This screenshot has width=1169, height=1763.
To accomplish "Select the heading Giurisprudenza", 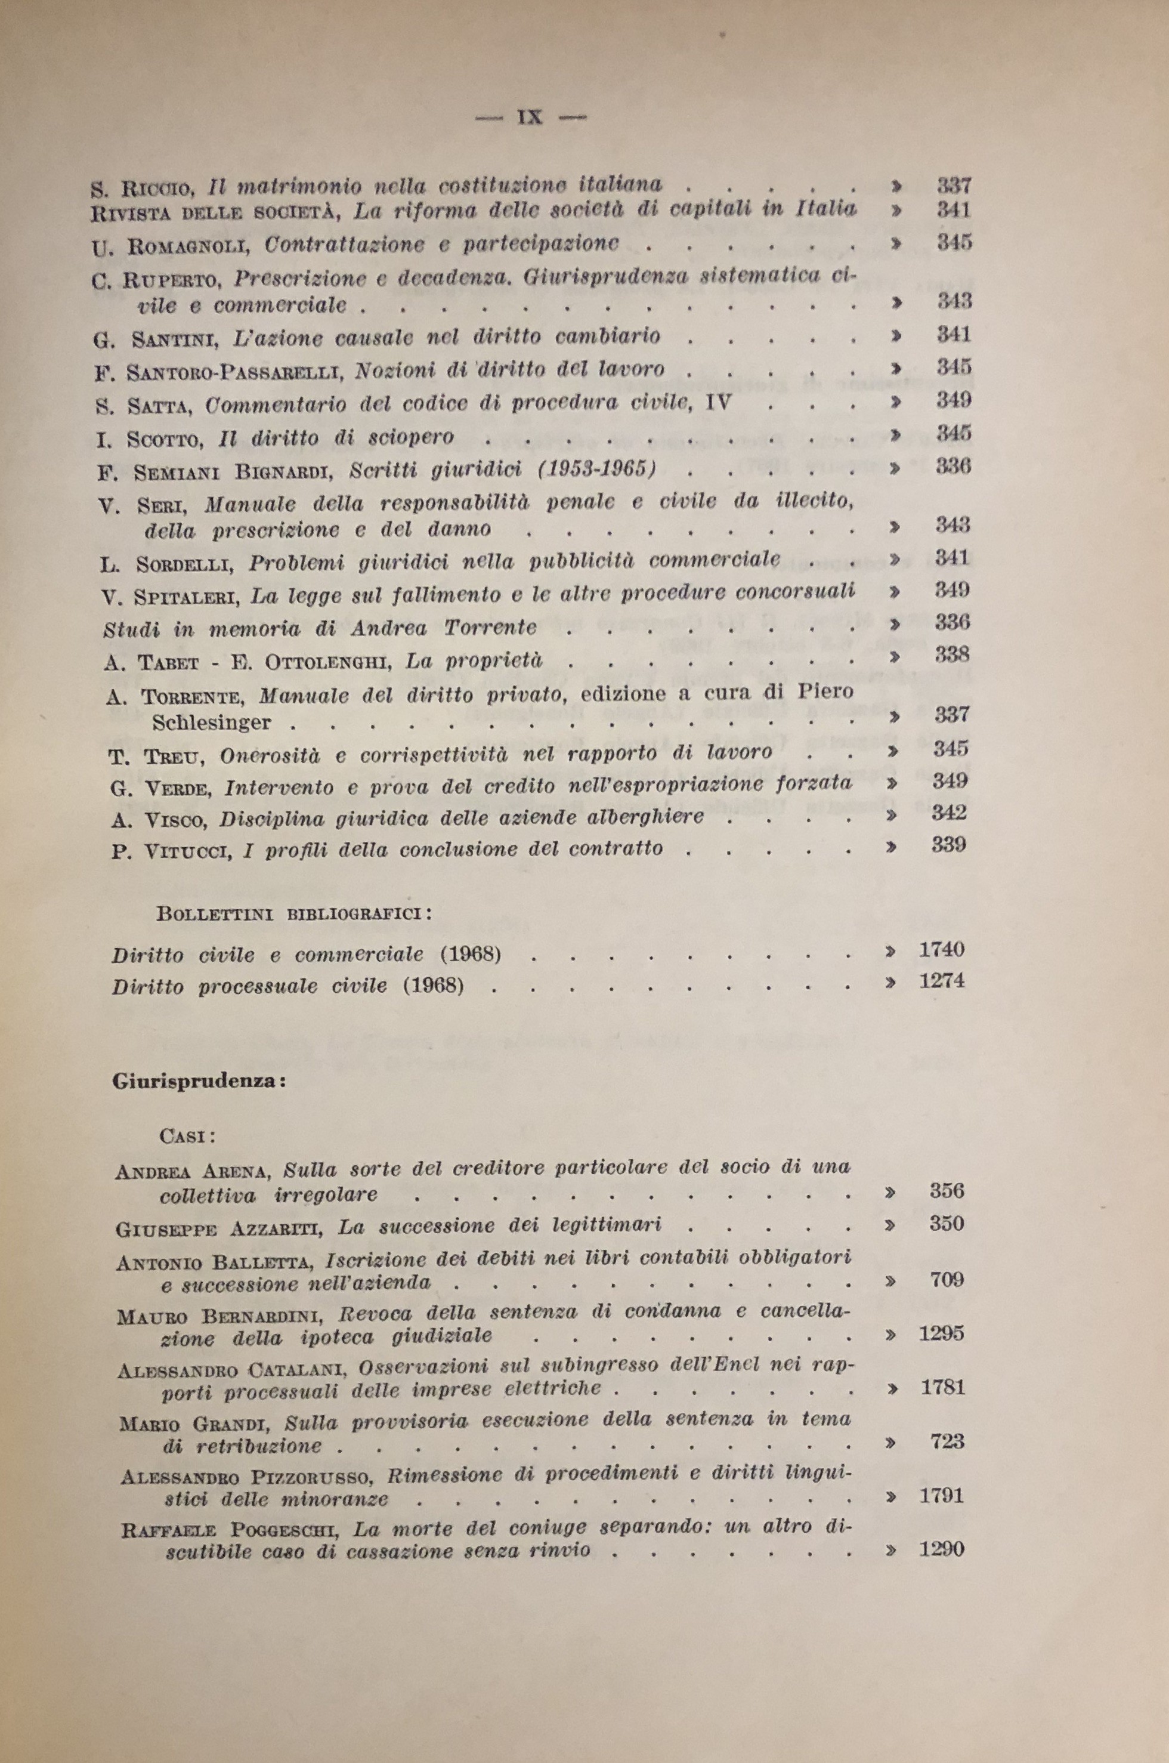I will point(200,1081).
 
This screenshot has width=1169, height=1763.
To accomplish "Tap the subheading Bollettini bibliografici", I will point(293,913).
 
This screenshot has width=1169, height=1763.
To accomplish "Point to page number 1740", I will point(942,949).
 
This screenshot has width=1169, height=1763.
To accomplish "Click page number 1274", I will point(942,981).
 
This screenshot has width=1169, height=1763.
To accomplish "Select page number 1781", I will point(942,1387).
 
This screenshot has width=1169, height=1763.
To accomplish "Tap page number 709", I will point(947,1280).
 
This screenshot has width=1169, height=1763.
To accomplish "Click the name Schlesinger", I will point(212,722).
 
